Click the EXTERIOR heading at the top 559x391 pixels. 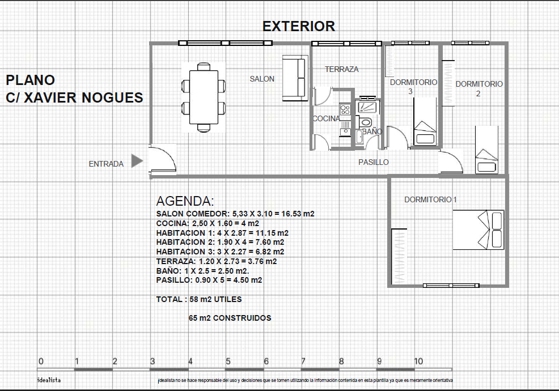click(299, 27)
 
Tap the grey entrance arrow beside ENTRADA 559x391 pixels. click(137, 161)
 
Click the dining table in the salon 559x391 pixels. click(204, 97)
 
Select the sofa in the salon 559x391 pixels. click(295, 78)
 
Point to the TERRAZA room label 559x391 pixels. click(341, 69)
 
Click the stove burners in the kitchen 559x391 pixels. click(345, 109)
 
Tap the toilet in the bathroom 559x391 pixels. click(365, 121)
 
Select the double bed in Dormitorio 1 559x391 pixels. click(478, 229)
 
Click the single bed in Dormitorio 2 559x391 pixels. click(486, 150)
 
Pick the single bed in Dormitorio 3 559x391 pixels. click(425, 121)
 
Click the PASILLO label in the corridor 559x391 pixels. click(374, 162)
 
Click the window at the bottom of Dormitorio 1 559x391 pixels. click(451, 285)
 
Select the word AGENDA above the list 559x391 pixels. click(185, 201)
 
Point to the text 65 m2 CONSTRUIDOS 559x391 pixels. click(230, 318)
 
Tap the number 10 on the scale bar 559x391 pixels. click(418, 362)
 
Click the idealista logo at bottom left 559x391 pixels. click(49, 380)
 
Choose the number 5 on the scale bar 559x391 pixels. click(228, 362)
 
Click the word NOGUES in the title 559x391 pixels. click(112, 97)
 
